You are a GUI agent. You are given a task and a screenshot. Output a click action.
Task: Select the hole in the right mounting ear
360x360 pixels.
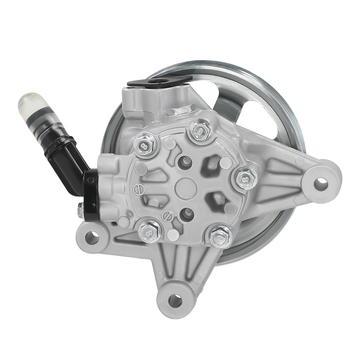click(x=321, y=184)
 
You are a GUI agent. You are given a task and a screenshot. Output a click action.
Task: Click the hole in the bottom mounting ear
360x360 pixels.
click(x=175, y=301)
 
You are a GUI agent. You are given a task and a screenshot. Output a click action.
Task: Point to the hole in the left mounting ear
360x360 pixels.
click(x=92, y=238)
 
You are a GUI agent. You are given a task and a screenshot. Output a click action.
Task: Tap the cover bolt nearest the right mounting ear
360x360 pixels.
click(x=246, y=178)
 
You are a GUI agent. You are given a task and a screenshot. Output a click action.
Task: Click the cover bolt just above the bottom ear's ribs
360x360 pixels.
click(x=220, y=236)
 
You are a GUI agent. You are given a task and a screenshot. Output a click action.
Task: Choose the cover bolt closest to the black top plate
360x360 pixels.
click(x=145, y=145)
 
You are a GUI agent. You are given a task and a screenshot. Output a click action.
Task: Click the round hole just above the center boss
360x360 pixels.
click(x=185, y=162)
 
